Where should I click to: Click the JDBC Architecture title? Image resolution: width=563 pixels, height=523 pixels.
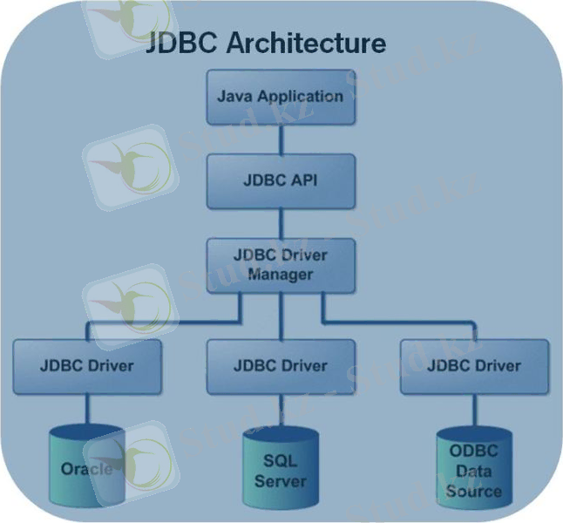point(267,44)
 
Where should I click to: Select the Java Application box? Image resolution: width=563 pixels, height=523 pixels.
point(280,96)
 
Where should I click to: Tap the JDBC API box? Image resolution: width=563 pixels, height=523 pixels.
point(280,180)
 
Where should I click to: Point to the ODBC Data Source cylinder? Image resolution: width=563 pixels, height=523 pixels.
point(473,471)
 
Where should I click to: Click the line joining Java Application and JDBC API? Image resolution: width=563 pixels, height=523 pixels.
point(280,139)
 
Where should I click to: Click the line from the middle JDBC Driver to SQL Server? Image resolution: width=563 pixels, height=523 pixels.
point(280,410)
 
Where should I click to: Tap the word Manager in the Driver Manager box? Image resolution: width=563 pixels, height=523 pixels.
point(280,275)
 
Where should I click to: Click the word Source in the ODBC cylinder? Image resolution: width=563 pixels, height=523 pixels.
point(473,491)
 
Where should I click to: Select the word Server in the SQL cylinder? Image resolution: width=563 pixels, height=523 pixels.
point(280,481)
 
